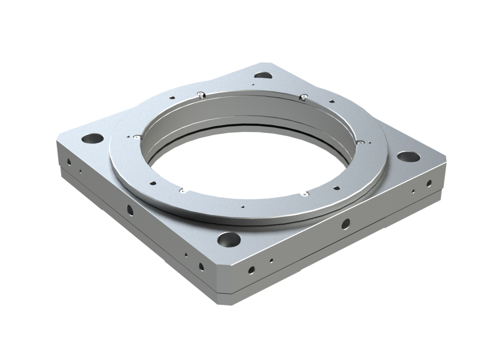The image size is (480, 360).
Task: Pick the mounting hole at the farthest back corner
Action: pos(262,75)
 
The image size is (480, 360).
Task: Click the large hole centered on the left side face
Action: pos(130,209)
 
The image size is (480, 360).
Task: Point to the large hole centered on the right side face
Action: pos(345,223)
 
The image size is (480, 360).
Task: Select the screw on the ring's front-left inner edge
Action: pos(182,191)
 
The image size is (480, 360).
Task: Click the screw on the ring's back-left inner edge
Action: pos(200,94)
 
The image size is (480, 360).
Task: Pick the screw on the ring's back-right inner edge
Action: pos(304,97)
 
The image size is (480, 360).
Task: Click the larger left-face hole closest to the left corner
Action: pos(69,161)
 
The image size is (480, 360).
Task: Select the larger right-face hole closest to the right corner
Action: pos(429,182)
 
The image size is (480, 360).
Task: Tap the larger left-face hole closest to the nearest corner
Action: pos(201,266)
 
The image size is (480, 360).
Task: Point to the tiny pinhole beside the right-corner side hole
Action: pos(413,191)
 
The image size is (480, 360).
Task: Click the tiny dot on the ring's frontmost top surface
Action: pos(242,207)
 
